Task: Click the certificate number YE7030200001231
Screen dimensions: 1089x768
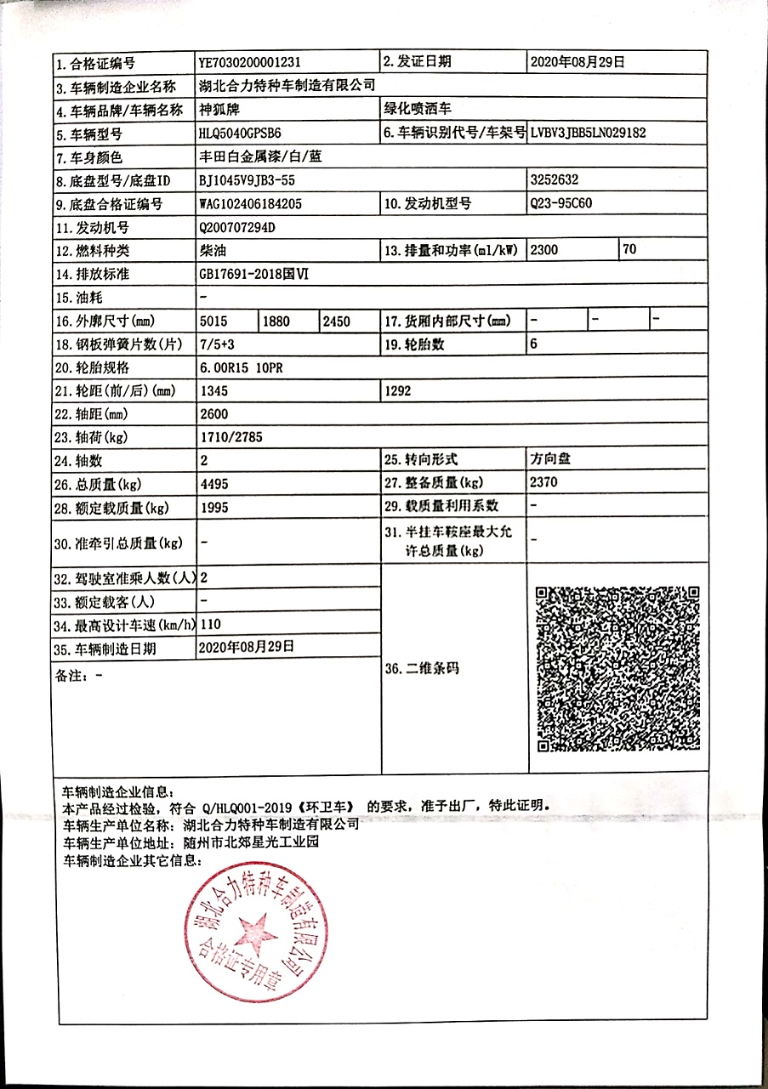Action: click(x=249, y=62)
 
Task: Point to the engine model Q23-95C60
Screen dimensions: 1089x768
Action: click(x=562, y=203)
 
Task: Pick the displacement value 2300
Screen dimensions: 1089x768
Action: click(x=547, y=250)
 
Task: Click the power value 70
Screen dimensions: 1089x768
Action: click(x=629, y=250)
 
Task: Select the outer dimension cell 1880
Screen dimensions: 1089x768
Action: click(x=277, y=322)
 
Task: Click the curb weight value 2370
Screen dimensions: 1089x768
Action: click(x=545, y=482)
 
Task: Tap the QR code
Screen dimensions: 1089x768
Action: click(x=618, y=668)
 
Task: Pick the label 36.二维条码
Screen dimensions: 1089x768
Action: click(x=422, y=669)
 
